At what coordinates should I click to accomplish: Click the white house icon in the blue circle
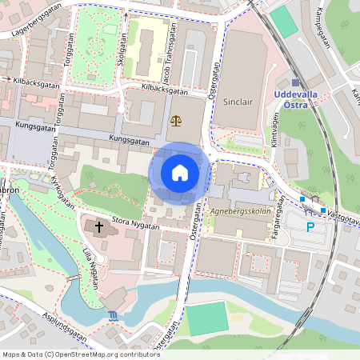click(x=180, y=172)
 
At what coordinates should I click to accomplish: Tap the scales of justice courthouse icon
click(x=176, y=120)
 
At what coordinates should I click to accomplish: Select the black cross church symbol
click(x=100, y=227)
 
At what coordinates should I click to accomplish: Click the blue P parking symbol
click(x=310, y=226)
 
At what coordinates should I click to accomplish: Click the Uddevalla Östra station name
click(x=297, y=99)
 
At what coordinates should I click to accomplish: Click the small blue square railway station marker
click(x=295, y=82)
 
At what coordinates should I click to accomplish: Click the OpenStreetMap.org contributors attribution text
click(x=104, y=354)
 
